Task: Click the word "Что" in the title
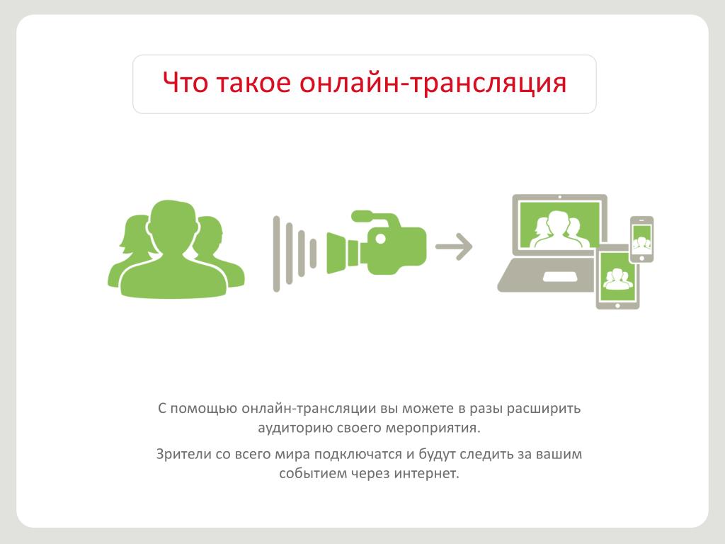185,82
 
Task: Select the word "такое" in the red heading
253,82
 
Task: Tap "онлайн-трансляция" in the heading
433,84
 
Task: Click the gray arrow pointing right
454,246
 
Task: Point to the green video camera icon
377,243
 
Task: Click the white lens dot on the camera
380,239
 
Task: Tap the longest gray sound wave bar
277,254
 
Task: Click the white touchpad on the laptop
561,277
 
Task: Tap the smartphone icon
641,239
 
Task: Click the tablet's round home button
617,305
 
